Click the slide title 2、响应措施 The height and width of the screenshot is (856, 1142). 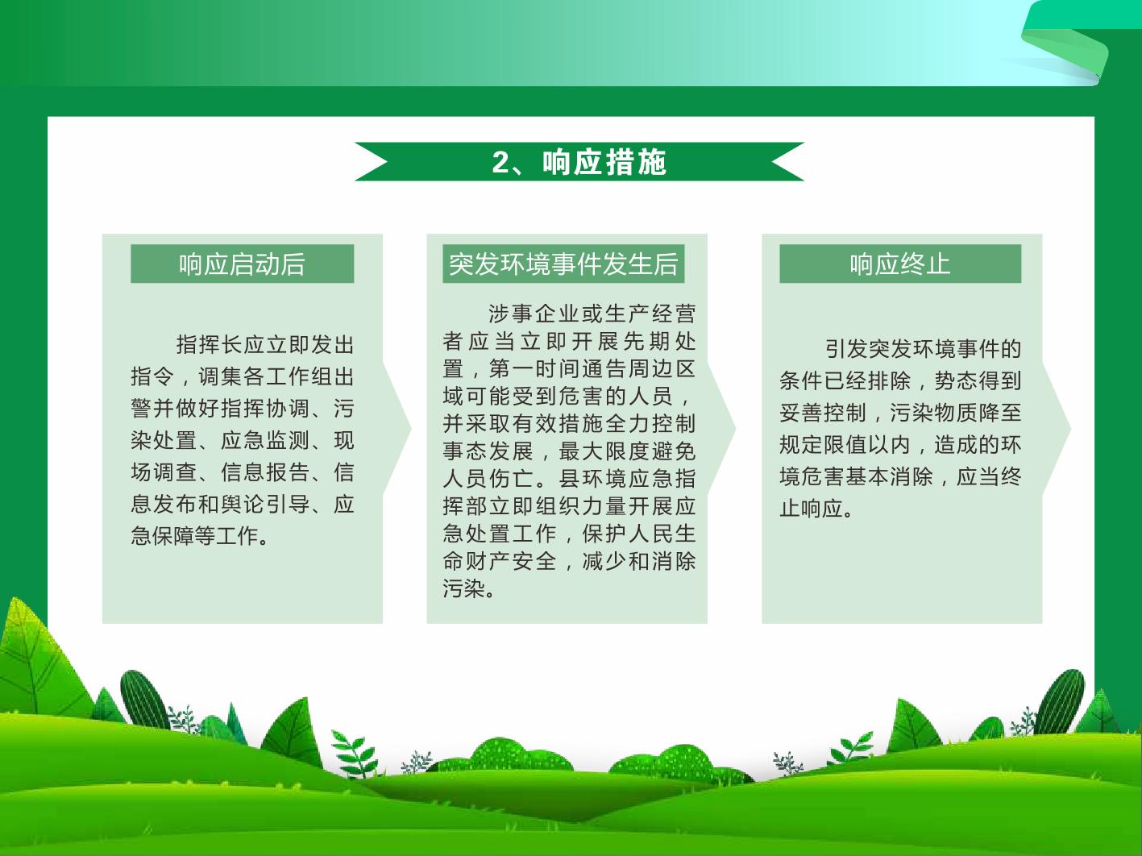click(579, 162)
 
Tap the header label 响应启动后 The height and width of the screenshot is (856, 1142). click(242, 264)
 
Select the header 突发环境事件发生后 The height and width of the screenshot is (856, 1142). click(563, 264)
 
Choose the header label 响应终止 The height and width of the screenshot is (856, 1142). click(900, 264)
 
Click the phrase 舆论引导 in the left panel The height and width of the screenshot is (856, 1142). click(265, 504)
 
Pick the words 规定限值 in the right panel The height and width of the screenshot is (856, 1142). click(823, 445)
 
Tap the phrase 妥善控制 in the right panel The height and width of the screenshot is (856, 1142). click(823, 413)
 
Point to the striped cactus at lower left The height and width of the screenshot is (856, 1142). click(144, 700)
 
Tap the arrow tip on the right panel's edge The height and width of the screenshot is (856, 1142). click(1070, 429)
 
